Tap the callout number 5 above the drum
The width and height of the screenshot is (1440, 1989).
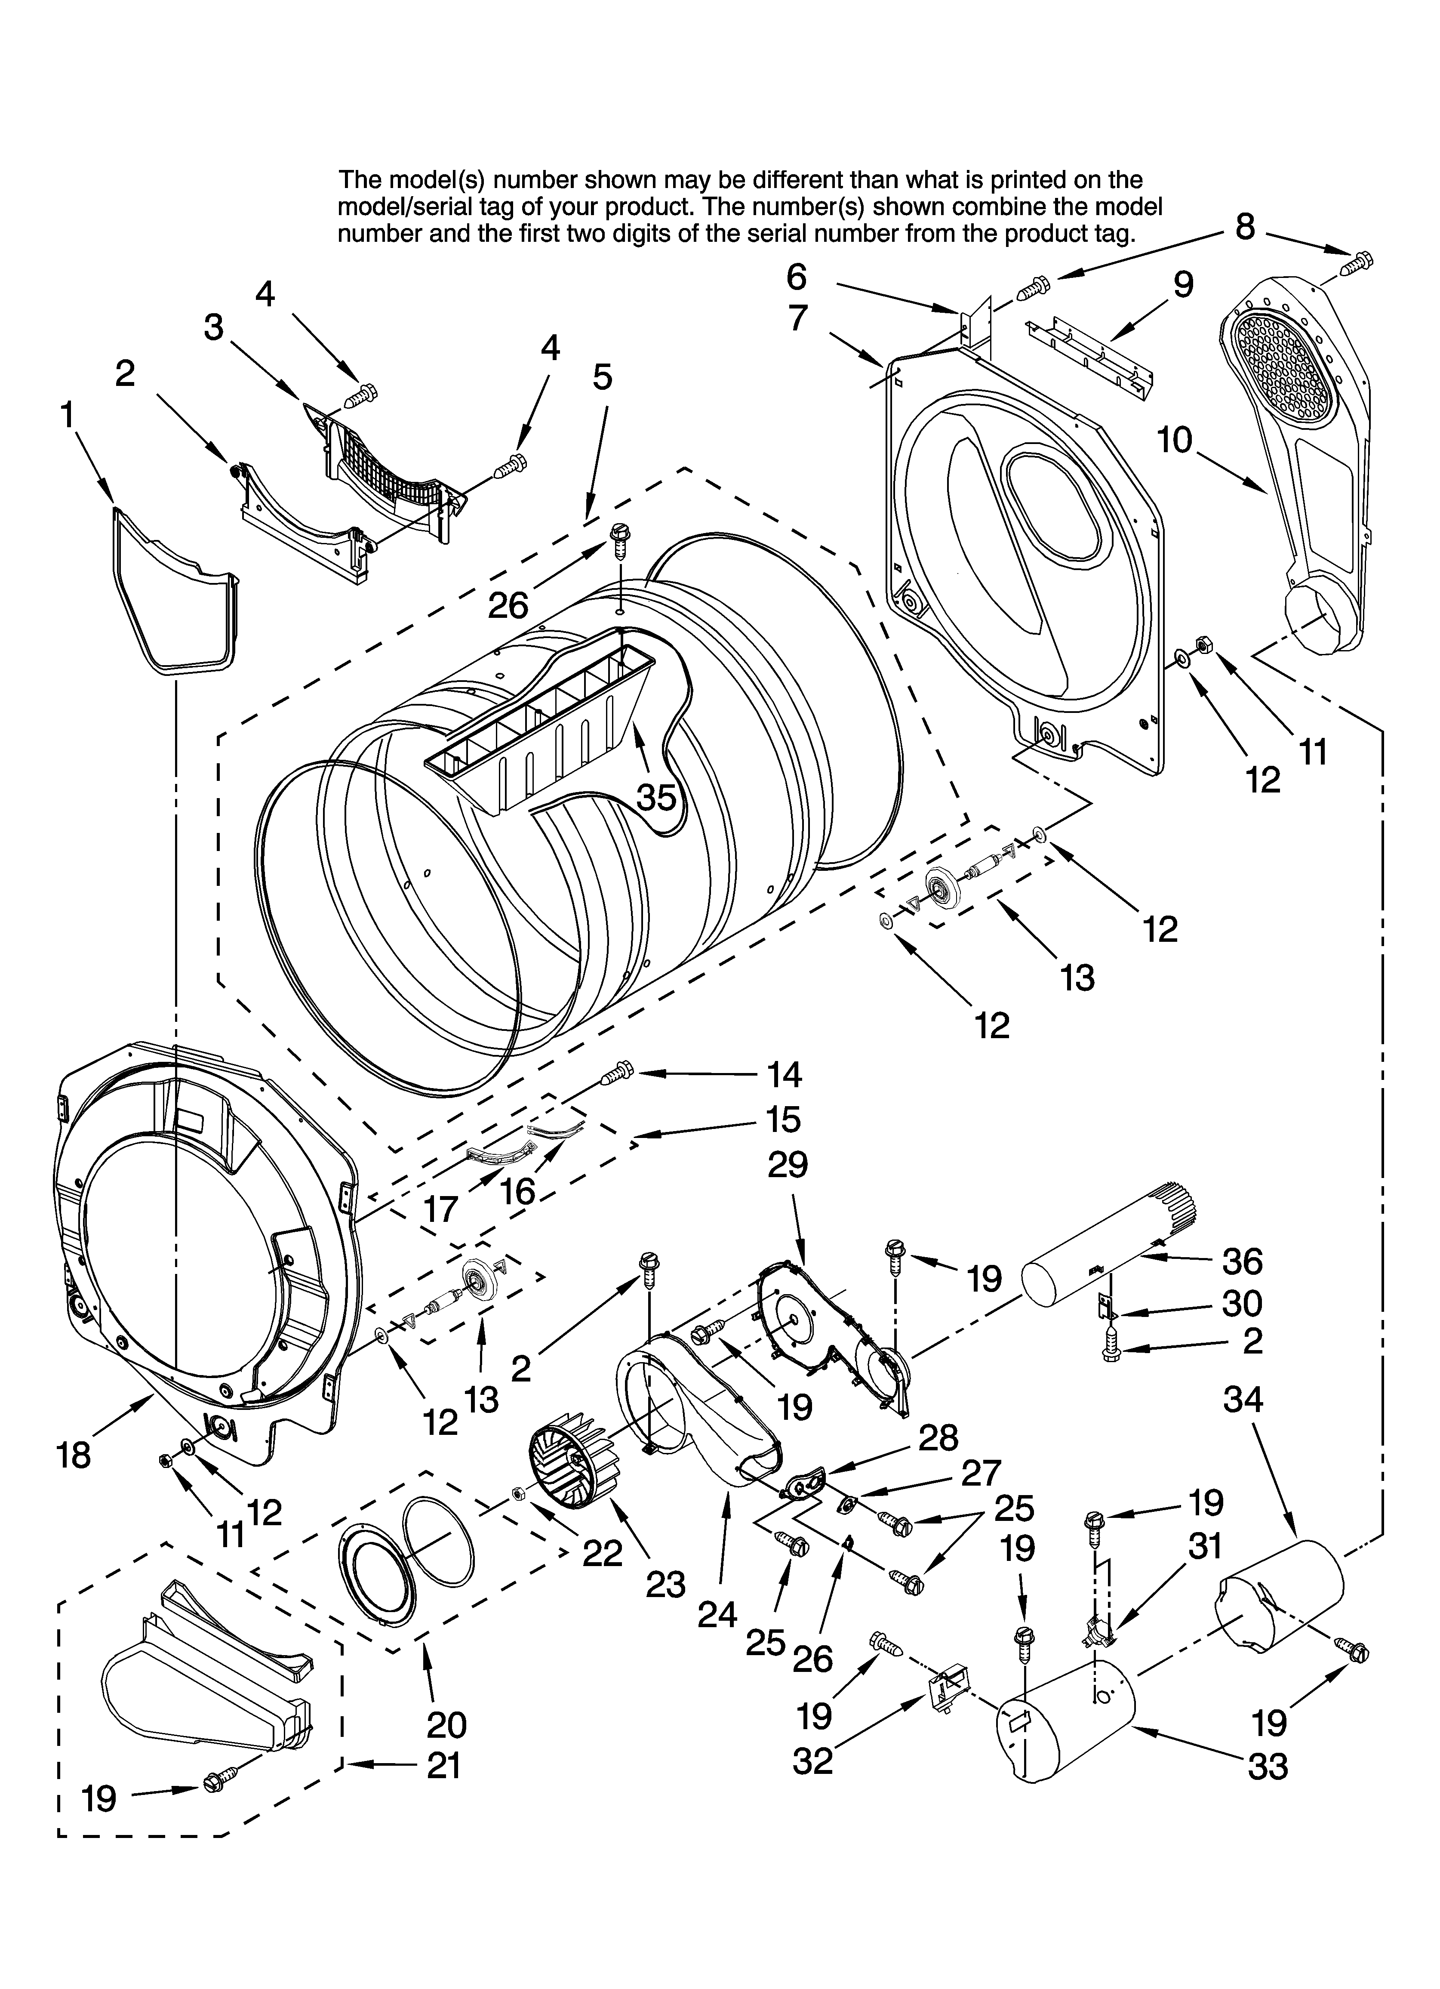602,377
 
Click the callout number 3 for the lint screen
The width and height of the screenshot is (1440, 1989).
214,327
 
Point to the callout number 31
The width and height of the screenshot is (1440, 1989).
1204,1546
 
